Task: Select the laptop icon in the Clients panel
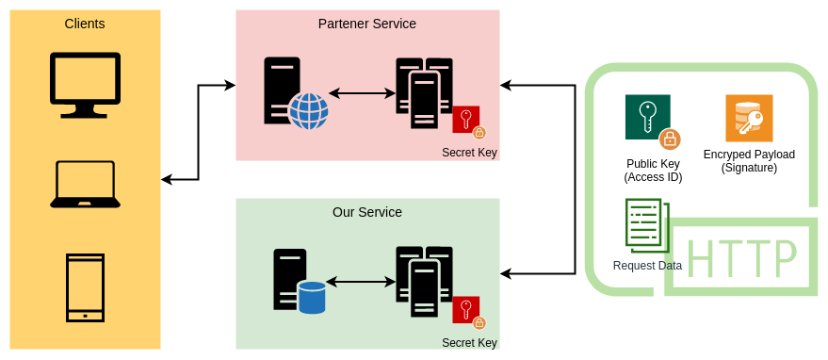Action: click(85, 184)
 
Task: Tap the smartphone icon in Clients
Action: click(85, 287)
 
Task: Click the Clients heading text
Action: click(85, 24)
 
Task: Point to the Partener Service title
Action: click(366, 24)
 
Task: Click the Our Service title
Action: click(366, 212)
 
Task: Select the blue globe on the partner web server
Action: click(308, 110)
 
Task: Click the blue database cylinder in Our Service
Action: click(312, 297)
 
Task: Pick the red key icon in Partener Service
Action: click(466, 120)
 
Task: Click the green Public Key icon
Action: click(648, 118)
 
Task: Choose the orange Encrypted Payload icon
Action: click(749, 118)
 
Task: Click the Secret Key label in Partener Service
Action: click(469, 153)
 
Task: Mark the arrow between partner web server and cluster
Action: click(362, 93)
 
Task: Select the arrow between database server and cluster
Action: click(360, 282)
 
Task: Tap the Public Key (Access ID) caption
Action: click(653, 171)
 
